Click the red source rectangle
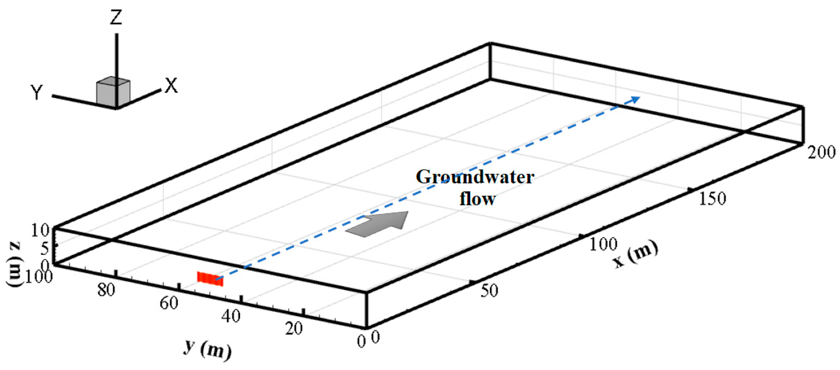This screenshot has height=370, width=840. [210, 279]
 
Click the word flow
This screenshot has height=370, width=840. [477, 199]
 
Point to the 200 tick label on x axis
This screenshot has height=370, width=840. [821, 152]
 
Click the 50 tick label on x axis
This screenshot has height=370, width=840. [489, 291]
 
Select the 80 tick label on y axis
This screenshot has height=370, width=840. [106, 290]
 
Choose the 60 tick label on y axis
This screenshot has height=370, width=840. [169, 303]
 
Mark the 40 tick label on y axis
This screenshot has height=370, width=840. [231, 316]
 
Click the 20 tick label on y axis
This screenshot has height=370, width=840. [294, 329]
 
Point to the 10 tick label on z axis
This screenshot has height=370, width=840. [40, 231]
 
